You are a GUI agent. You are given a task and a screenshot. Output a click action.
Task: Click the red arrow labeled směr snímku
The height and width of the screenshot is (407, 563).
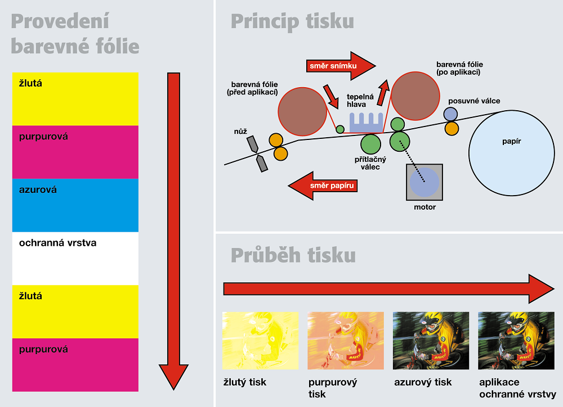341,66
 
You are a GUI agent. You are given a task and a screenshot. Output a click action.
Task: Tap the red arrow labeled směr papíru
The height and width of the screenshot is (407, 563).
323,186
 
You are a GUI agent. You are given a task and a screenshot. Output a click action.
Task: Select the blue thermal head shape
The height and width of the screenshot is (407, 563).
367,123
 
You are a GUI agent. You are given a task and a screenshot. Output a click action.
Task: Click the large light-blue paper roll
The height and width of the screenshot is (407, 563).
512,153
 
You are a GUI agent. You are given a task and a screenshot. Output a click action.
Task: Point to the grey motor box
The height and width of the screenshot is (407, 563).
425,182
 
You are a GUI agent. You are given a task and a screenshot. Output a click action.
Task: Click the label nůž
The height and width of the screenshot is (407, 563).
240,132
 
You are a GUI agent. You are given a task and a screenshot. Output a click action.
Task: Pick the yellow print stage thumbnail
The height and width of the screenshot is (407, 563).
260,341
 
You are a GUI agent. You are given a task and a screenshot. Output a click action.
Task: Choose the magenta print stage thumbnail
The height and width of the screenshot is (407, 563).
346,341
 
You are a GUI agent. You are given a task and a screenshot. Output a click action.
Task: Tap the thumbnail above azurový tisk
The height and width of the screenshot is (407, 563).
431,341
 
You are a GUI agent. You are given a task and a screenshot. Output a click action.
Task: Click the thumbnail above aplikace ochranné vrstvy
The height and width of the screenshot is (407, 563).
516,341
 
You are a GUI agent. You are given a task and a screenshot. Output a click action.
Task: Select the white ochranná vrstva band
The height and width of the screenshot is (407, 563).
75,259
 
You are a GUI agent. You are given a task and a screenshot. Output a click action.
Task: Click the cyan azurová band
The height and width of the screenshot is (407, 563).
75,205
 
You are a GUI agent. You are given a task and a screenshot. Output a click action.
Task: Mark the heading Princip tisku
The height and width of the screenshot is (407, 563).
292,21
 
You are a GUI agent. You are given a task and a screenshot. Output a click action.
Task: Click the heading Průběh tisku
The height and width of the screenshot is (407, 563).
293,255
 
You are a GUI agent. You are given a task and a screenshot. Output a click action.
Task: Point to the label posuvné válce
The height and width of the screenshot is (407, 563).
474,101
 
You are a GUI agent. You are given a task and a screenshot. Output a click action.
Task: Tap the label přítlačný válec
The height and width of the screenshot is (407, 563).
370,163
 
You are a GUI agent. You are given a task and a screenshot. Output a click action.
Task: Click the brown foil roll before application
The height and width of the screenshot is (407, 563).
302,111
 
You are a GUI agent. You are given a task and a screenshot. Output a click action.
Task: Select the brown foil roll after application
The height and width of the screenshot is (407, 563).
415,96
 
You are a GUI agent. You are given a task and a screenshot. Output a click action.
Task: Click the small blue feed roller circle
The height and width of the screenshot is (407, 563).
450,114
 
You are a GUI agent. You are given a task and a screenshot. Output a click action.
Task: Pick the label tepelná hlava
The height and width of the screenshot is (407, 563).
360,101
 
